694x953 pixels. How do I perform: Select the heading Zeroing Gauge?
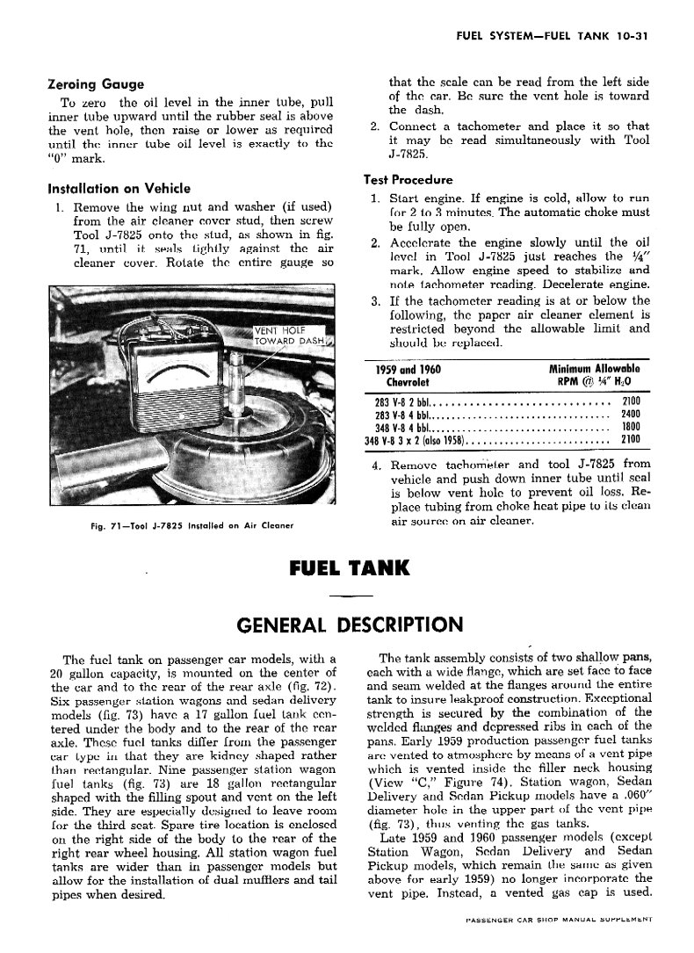tap(95, 85)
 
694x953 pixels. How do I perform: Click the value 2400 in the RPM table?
tap(630, 414)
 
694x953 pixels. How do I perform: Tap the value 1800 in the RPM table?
tap(630, 427)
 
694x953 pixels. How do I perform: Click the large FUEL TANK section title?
tap(349, 569)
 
